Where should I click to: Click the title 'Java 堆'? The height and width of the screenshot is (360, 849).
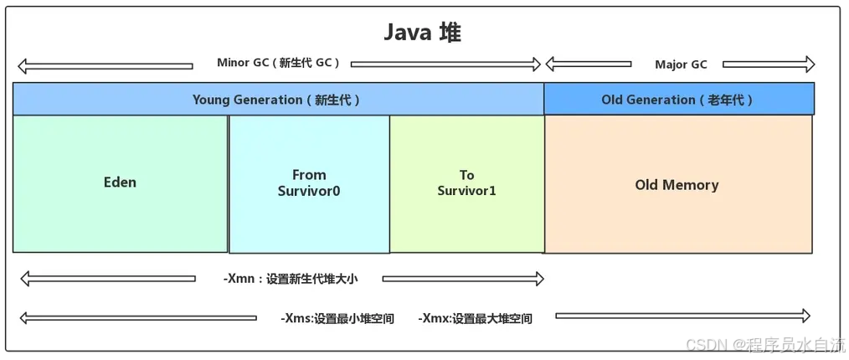coord(422,33)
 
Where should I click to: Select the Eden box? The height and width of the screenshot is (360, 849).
coord(120,183)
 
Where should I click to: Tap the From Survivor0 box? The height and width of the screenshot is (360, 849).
coord(309,183)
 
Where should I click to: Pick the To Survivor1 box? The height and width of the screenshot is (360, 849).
coord(466,183)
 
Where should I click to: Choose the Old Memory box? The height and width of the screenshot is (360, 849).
coord(677,185)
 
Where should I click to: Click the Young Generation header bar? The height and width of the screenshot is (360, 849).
coord(277,100)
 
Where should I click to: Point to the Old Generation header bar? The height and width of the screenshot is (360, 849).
coord(678,100)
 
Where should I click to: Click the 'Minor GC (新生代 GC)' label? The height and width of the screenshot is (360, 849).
coord(279,63)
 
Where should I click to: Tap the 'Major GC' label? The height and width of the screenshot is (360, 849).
coord(681,64)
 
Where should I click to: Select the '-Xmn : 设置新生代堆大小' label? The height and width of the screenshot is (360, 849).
coord(290,279)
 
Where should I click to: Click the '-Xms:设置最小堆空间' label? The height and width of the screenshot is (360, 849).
coord(337,318)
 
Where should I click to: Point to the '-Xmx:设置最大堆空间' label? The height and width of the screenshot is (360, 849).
coord(475,318)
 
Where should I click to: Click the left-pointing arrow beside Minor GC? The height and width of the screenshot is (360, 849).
coord(105,65)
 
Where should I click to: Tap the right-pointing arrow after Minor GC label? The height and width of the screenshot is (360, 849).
coord(445,64)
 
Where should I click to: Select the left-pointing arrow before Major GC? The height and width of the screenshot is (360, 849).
coord(588,64)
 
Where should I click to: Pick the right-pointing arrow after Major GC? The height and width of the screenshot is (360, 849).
coord(768,64)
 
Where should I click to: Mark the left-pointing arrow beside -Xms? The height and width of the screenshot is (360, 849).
coord(137,318)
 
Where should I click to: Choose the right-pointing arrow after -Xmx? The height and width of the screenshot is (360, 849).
coord(682,316)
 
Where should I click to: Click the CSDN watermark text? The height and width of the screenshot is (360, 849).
coord(765,344)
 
